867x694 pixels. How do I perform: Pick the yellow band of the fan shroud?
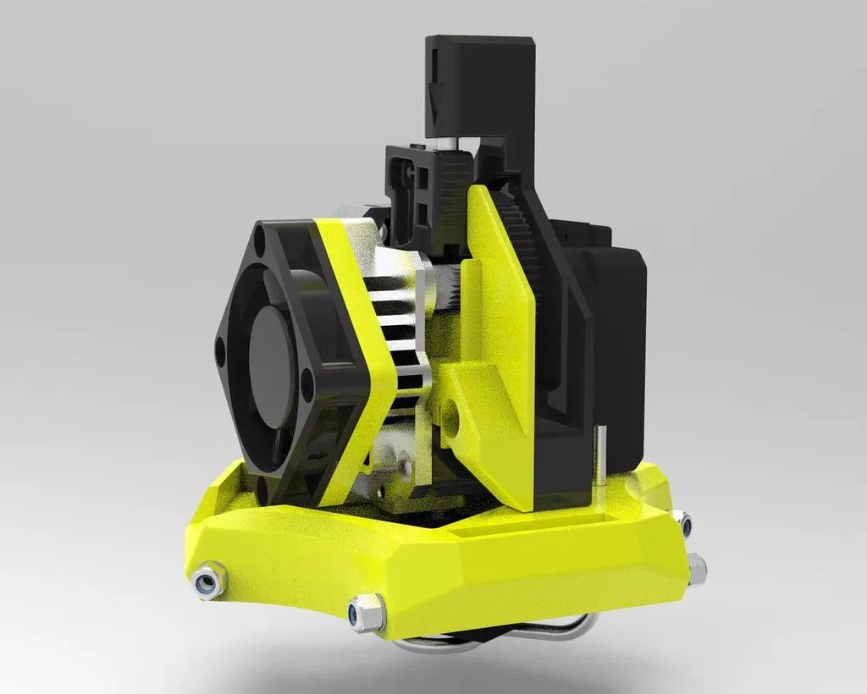point(356,339)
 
